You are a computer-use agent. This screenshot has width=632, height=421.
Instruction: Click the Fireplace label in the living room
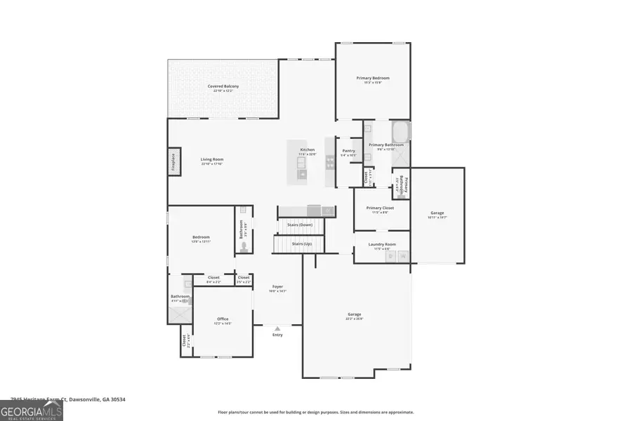point(173,161)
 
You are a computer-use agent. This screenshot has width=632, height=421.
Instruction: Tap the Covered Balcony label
point(223,86)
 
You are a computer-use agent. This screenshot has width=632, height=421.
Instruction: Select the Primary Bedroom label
point(372,78)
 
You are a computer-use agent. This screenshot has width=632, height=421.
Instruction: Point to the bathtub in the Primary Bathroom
point(400,131)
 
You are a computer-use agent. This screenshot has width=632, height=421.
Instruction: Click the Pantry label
point(348,151)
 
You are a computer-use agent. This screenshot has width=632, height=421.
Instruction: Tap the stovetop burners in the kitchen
point(329,163)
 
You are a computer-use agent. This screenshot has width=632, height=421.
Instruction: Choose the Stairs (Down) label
point(299,225)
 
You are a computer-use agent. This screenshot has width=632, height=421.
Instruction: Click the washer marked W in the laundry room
point(403,257)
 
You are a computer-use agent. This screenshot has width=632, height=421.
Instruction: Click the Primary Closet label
point(381,208)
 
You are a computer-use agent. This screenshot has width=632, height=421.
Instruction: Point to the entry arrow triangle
point(277,328)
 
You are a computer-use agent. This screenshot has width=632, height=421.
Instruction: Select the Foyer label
point(277,286)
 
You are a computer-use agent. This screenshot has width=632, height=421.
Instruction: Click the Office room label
point(222,319)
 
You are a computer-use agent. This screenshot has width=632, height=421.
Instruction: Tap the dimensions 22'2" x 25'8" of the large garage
point(354,319)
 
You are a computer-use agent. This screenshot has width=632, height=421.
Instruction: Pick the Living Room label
point(211,159)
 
